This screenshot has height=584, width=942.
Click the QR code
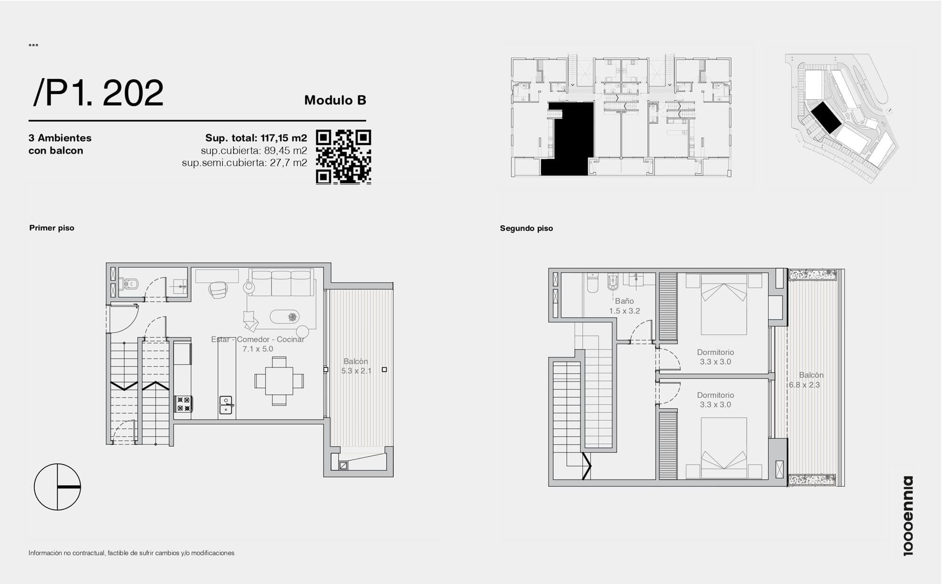click(343, 157)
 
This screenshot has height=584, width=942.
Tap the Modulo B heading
click(335, 100)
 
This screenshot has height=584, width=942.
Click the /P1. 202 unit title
click(98, 93)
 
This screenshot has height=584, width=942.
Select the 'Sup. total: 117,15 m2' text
click(256, 138)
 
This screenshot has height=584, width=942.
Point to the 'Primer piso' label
click(52, 228)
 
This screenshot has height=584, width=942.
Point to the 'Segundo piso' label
click(527, 228)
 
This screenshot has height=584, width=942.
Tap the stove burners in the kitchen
click(183, 404)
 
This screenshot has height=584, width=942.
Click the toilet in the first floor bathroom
click(129, 284)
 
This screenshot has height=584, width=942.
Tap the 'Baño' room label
click(624, 301)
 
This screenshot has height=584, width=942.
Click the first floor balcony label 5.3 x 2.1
click(356, 371)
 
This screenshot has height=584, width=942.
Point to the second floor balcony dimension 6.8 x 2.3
click(804, 385)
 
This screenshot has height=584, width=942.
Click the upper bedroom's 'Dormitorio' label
click(715, 352)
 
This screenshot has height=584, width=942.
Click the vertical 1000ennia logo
click(908, 516)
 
